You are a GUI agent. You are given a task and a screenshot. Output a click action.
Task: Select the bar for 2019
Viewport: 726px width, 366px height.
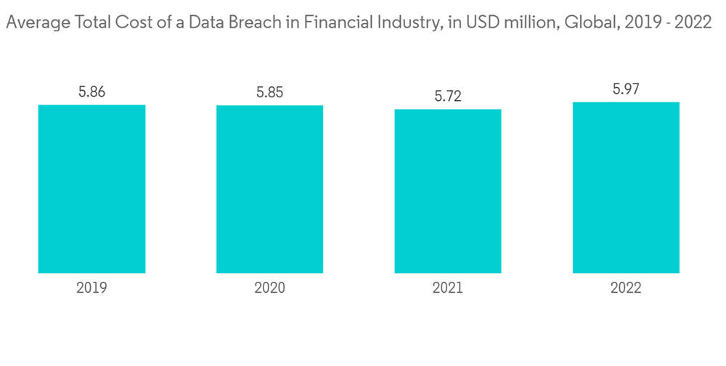pyautogui.click(x=91, y=189)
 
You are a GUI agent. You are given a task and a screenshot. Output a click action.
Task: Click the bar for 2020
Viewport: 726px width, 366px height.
pyautogui.click(x=269, y=189)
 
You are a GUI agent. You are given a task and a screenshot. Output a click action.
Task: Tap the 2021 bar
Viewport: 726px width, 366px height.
pyautogui.click(x=448, y=191)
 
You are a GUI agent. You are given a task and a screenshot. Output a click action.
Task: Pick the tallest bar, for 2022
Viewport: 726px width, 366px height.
pyautogui.click(x=626, y=187)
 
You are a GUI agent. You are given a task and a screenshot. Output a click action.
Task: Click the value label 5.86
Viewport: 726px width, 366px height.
pyautogui.click(x=91, y=92)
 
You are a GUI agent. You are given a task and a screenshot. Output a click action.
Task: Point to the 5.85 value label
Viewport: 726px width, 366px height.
pyautogui.click(x=269, y=93)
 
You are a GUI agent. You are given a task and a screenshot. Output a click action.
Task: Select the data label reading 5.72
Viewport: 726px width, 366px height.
pyautogui.click(x=448, y=97)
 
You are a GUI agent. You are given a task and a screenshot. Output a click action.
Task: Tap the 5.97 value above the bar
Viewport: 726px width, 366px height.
pyautogui.click(x=626, y=89)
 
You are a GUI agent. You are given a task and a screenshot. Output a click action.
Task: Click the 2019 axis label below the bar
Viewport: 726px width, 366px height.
pyautogui.click(x=91, y=288)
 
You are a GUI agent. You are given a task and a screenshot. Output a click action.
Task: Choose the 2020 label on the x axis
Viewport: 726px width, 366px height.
pyautogui.click(x=269, y=288)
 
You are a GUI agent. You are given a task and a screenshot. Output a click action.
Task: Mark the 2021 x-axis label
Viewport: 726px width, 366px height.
pyautogui.click(x=448, y=288)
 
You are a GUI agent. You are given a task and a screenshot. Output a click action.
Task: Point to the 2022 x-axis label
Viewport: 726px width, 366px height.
pyautogui.click(x=626, y=288)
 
